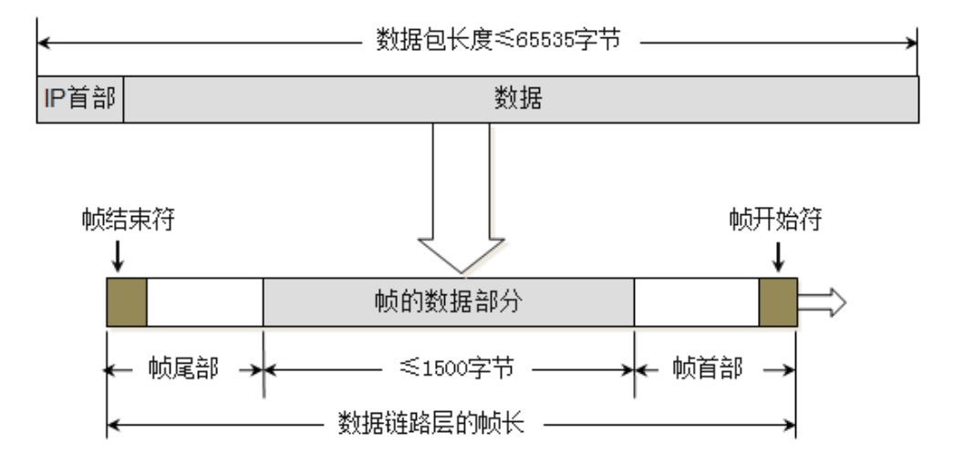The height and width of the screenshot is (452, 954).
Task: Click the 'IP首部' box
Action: click(79, 98)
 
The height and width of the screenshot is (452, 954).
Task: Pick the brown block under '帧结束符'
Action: click(127, 303)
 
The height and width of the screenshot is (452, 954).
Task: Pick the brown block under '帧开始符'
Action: click(778, 303)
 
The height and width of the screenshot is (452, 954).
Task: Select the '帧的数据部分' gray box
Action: click(448, 303)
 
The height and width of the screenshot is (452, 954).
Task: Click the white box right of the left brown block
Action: click(204, 303)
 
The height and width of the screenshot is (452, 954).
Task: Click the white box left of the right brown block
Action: click(696, 303)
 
